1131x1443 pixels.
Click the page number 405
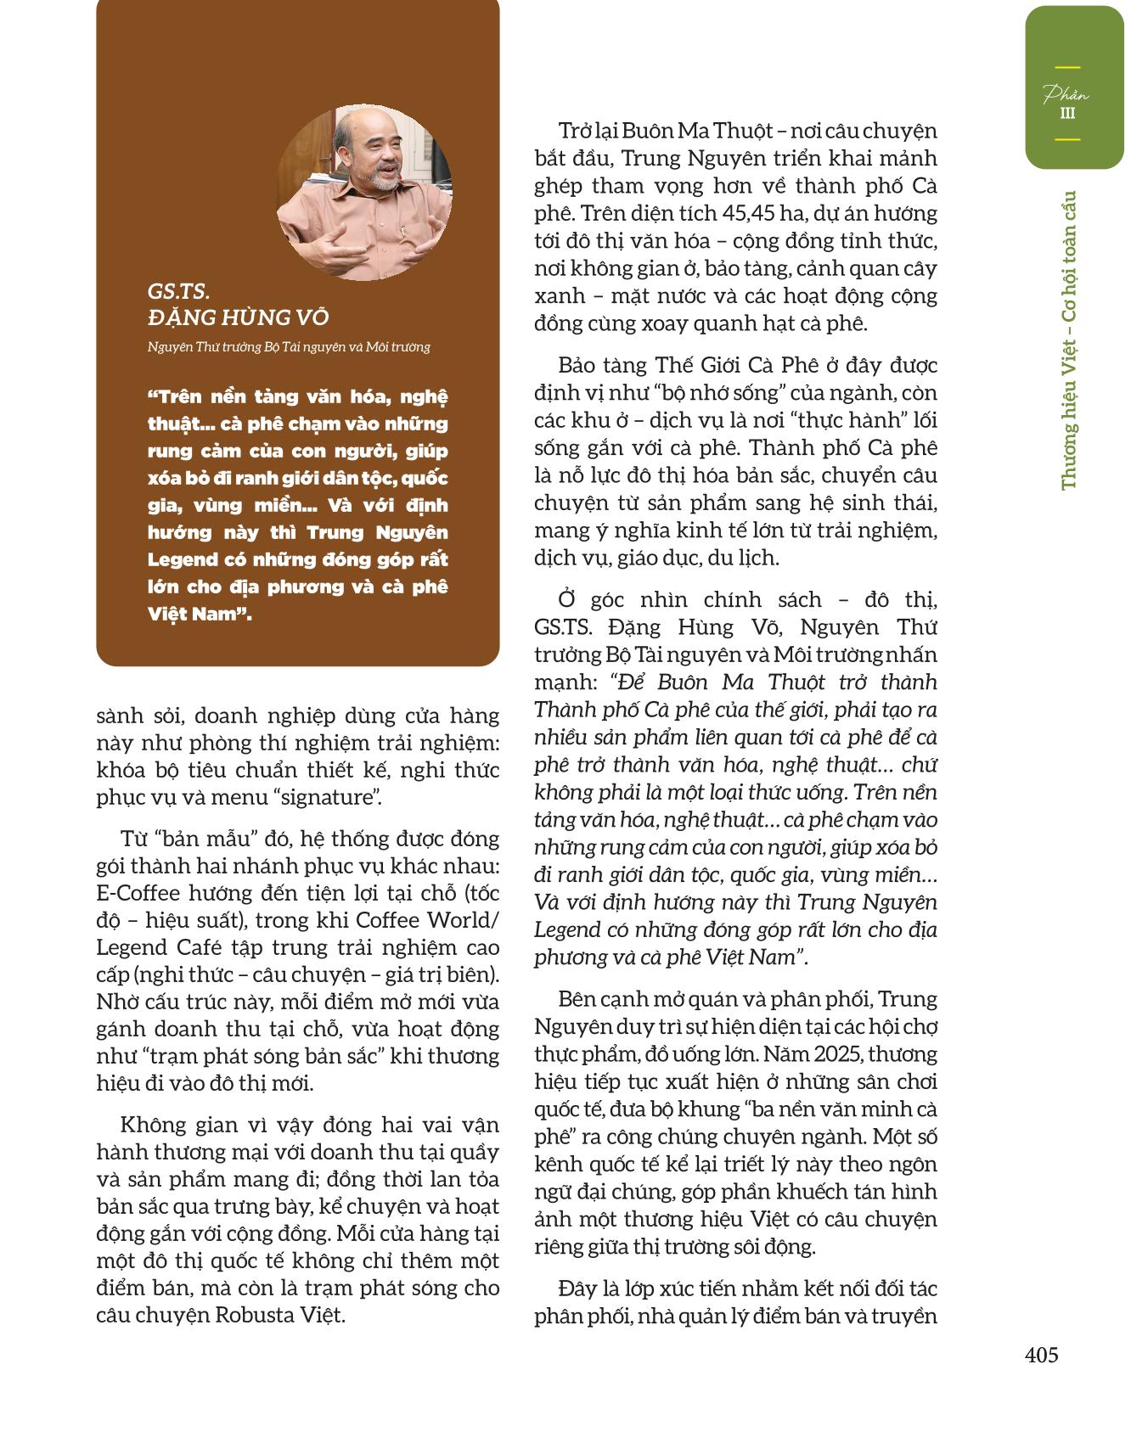pos(1042,1354)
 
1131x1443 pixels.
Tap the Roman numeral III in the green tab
pos(1067,114)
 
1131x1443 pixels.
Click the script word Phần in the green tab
pos(1066,93)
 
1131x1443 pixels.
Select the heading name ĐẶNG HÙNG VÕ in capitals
pos(238,317)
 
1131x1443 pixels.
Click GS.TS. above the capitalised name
pos(178,291)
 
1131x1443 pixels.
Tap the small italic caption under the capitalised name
pos(289,346)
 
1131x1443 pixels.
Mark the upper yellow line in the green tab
pos(1067,67)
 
